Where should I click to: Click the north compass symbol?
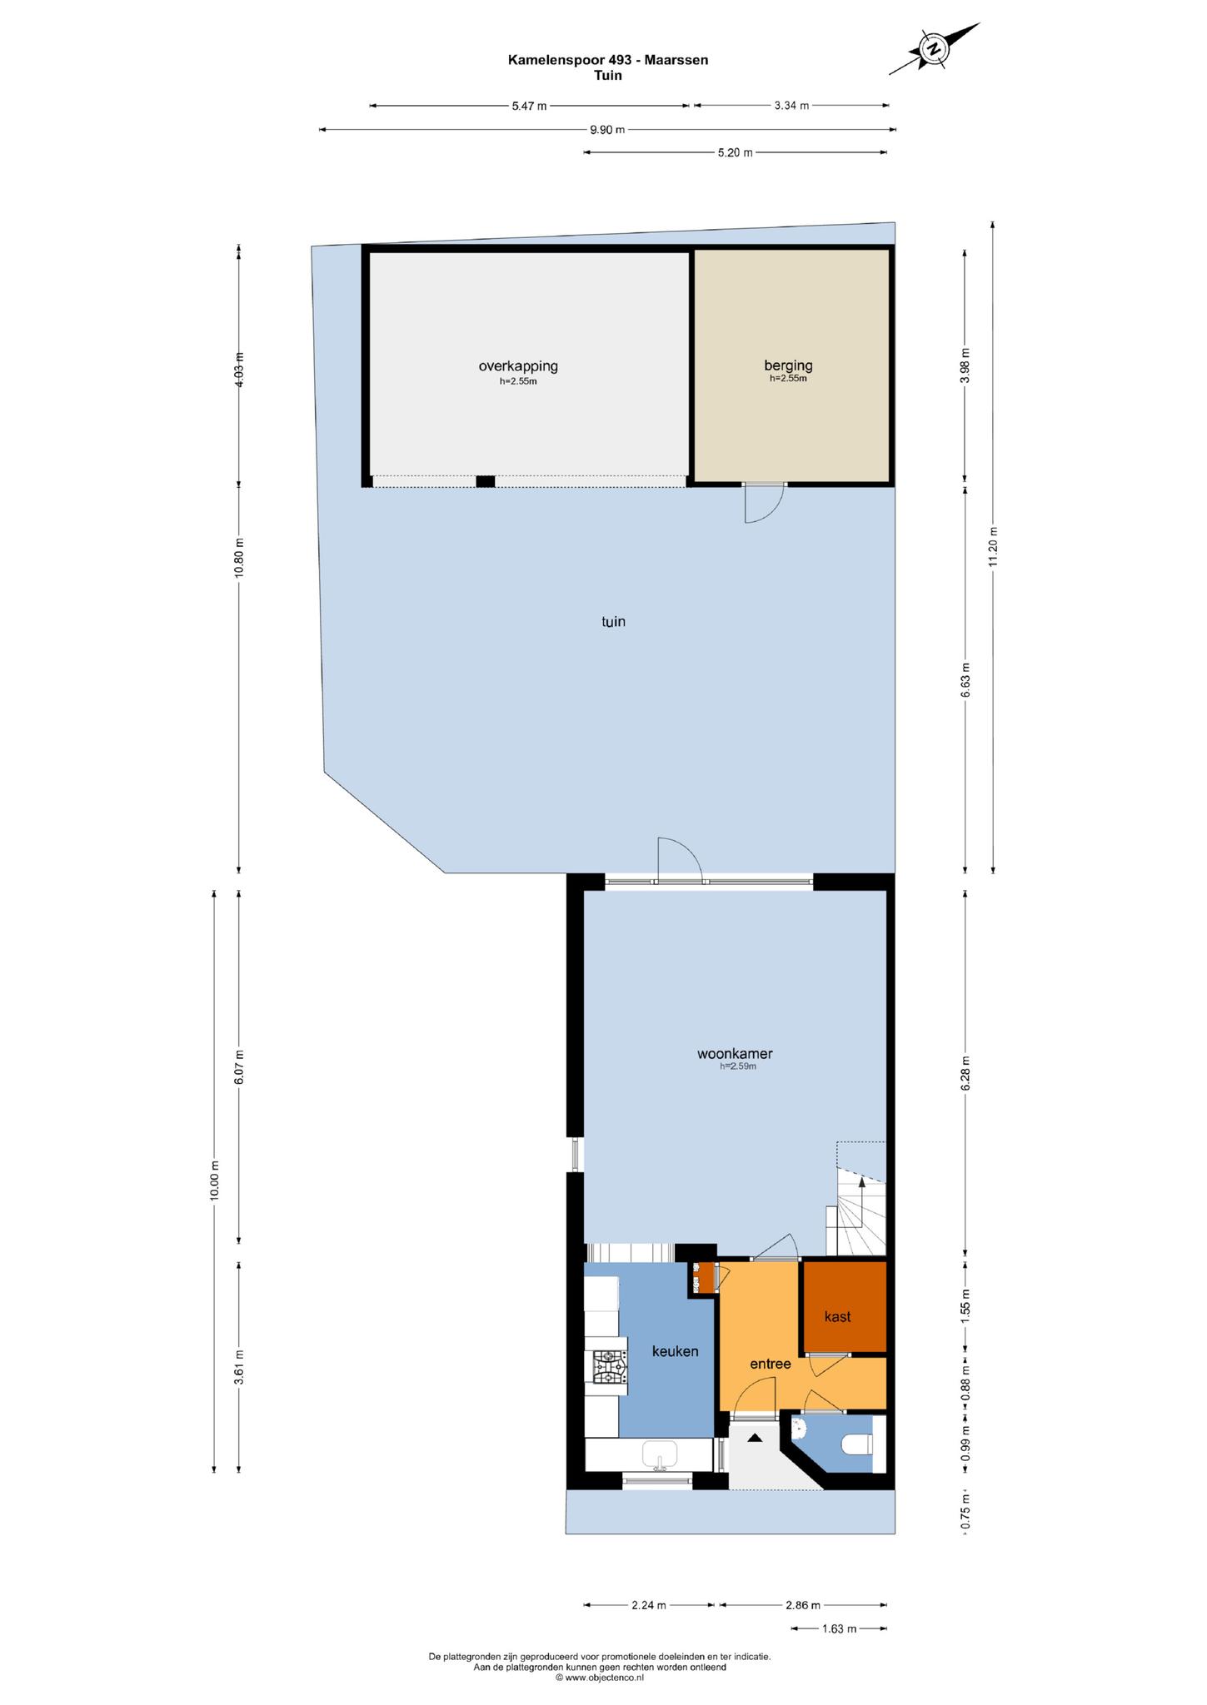(x=935, y=49)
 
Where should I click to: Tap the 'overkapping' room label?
(x=518, y=365)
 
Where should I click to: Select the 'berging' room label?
(x=788, y=365)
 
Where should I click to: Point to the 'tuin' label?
(x=613, y=621)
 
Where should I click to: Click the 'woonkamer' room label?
(x=735, y=1053)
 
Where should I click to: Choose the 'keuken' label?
(x=675, y=1351)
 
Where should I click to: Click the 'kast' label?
(x=837, y=1316)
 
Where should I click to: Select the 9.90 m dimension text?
(x=607, y=129)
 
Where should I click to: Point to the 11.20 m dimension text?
(x=993, y=547)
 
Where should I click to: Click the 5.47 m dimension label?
(x=529, y=106)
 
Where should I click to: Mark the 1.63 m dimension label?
(x=839, y=1628)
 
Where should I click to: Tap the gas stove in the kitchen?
(x=610, y=1366)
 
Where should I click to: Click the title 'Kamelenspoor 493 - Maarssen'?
(x=608, y=59)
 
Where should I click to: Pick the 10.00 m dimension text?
(x=214, y=1180)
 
